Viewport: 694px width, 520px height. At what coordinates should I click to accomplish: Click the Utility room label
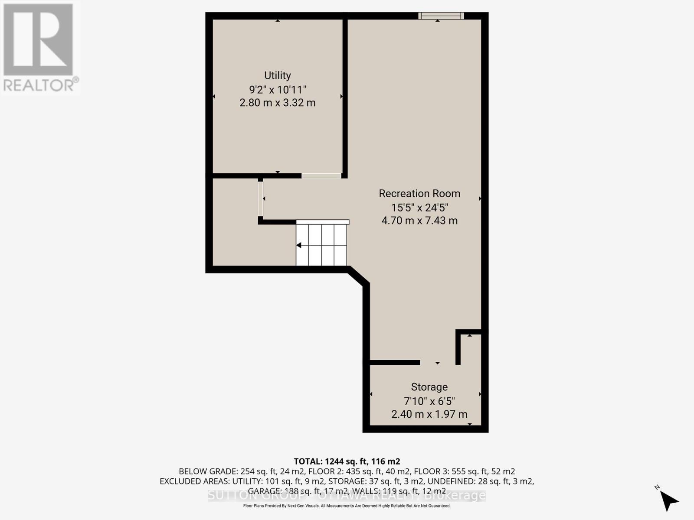tap(278, 75)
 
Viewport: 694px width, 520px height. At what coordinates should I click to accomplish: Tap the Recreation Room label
tap(419, 193)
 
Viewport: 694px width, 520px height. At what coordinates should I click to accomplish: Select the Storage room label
tap(429, 387)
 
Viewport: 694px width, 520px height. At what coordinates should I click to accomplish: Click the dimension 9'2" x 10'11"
tap(278, 90)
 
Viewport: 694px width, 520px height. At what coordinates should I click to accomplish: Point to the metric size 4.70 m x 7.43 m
tap(419, 221)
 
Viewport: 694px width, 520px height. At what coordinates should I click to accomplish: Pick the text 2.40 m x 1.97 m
tap(429, 414)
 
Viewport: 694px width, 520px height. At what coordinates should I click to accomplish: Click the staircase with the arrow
tap(322, 245)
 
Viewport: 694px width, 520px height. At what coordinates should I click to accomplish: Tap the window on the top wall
tap(441, 16)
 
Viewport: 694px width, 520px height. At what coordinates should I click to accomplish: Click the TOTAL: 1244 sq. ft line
tap(347, 461)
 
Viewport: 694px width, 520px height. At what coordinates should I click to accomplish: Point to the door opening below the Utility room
tap(321, 175)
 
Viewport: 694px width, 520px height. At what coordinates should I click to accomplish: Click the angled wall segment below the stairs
tap(359, 276)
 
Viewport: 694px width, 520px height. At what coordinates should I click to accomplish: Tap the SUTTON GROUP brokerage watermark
tap(347, 496)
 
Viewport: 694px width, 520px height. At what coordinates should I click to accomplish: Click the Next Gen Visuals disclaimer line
tap(347, 506)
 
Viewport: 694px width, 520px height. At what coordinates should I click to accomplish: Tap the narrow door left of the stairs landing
tap(260, 199)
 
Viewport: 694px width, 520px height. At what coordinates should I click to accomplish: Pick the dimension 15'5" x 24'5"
tap(419, 207)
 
